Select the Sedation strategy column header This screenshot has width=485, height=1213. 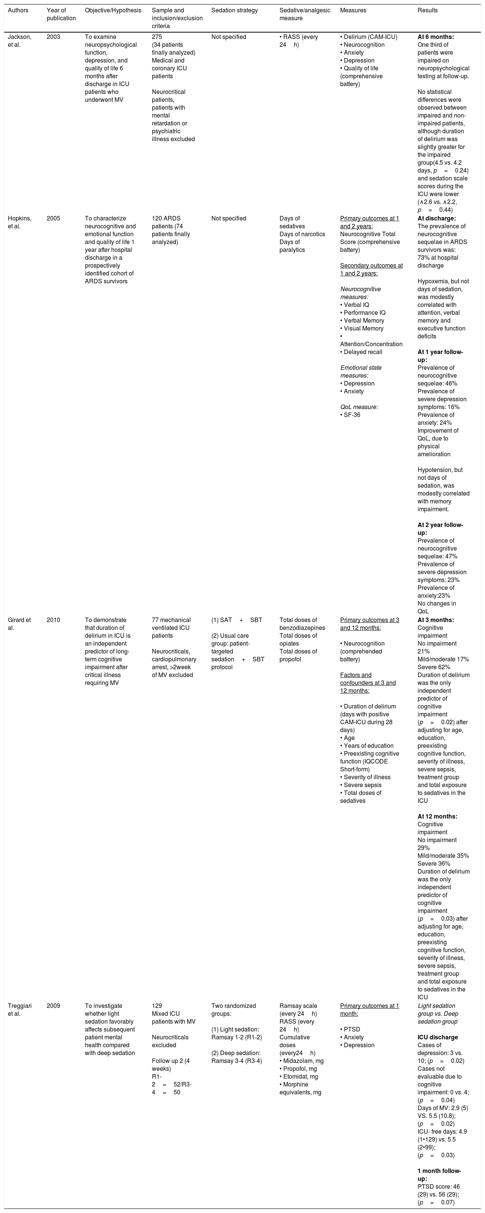[x=235, y=10]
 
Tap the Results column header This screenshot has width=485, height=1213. [x=427, y=10]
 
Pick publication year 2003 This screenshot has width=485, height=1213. [x=53, y=37]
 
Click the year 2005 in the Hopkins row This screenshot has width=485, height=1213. [x=53, y=219]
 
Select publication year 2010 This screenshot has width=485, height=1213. [x=53, y=620]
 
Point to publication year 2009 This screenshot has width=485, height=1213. [x=53, y=1006]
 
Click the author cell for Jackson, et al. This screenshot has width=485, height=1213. [x=20, y=40]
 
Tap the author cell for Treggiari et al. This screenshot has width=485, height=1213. [x=20, y=1009]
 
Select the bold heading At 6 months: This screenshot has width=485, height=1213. [x=436, y=37]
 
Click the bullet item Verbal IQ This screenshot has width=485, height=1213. [x=356, y=305]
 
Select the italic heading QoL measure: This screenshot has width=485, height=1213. [x=359, y=407]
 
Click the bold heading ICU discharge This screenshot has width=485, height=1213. [x=437, y=1037]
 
